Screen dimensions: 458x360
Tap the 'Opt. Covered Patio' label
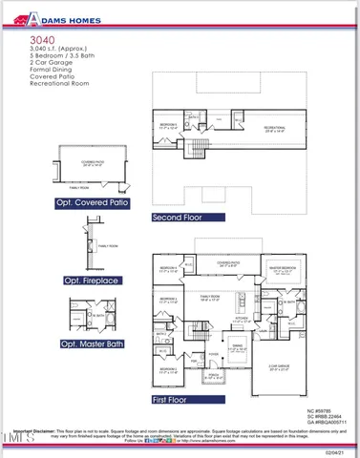click(92, 202)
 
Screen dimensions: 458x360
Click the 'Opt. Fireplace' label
click(92, 281)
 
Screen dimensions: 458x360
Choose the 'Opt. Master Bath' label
click(92, 343)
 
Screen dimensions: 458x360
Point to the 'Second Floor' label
click(178, 218)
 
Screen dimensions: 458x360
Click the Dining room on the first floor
click(237, 347)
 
